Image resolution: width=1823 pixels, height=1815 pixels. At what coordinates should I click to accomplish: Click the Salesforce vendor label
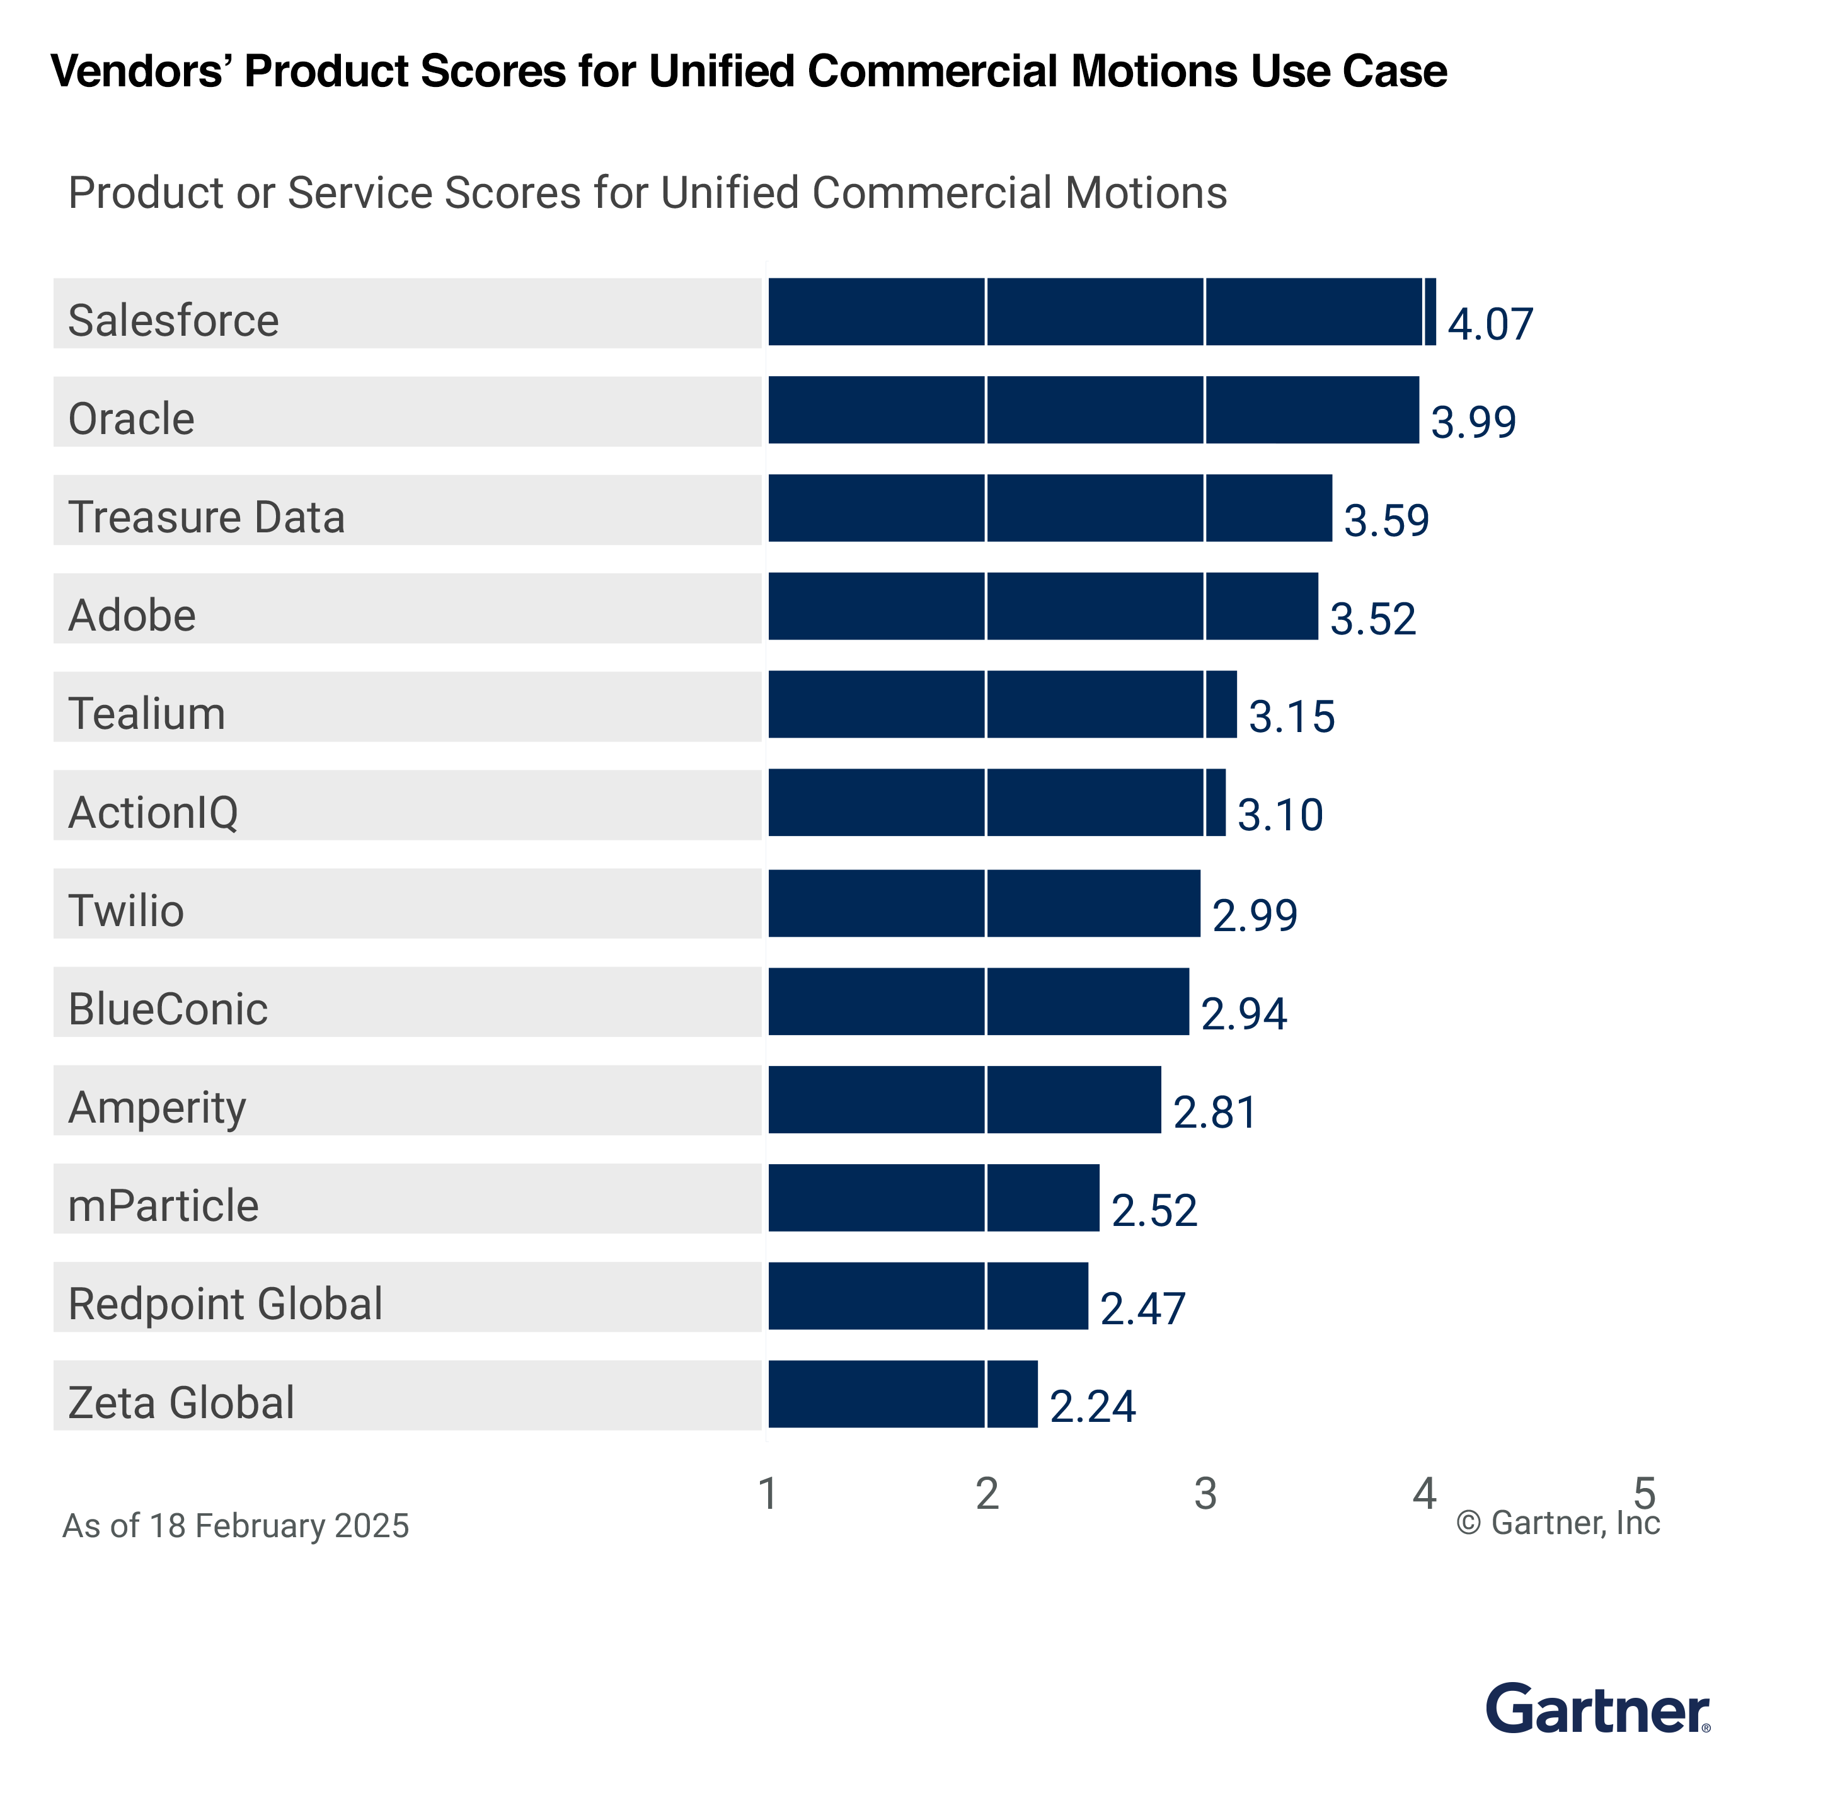(174, 321)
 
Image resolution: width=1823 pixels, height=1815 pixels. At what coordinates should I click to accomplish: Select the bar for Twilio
(984, 903)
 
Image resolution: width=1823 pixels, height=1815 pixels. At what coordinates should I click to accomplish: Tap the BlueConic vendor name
(168, 1009)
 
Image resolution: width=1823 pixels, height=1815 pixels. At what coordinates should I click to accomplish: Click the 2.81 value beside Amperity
(1214, 1112)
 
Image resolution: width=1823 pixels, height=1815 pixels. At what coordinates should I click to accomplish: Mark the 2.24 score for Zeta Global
(1093, 1407)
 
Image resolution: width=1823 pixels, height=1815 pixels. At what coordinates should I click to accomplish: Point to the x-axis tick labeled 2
(987, 1493)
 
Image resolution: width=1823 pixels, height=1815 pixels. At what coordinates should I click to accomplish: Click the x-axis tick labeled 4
(1424, 1493)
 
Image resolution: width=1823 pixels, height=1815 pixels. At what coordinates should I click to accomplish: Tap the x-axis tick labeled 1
(768, 1493)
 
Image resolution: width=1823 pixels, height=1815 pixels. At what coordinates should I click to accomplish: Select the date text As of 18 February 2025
(236, 1525)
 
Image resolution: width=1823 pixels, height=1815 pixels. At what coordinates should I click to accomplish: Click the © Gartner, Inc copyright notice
(1558, 1523)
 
